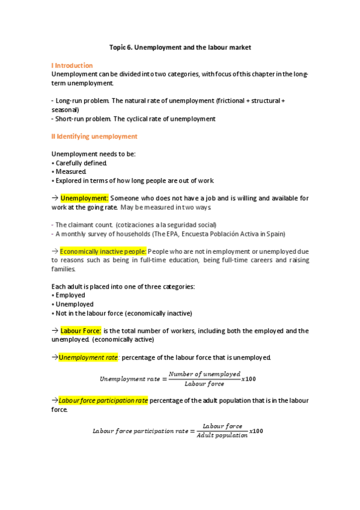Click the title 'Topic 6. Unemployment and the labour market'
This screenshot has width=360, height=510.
point(180,47)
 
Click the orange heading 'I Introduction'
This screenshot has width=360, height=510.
point(72,65)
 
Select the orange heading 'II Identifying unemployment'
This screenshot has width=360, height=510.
point(95,137)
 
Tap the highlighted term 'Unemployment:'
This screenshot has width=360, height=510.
point(84,198)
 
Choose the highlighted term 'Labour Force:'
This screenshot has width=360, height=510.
point(81,331)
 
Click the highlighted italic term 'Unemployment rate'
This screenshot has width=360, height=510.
point(88,357)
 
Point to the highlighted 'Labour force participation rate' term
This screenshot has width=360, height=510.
point(103,401)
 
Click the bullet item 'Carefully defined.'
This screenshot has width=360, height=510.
point(81,163)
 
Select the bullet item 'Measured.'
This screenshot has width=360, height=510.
point(72,171)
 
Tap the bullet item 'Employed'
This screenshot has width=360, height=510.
point(70,295)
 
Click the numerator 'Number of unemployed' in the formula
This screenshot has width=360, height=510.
point(204,374)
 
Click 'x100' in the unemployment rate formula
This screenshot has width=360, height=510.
point(248,379)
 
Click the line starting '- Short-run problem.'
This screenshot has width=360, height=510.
point(133,118)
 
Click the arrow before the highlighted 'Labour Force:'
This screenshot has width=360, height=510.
point(55,331)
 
